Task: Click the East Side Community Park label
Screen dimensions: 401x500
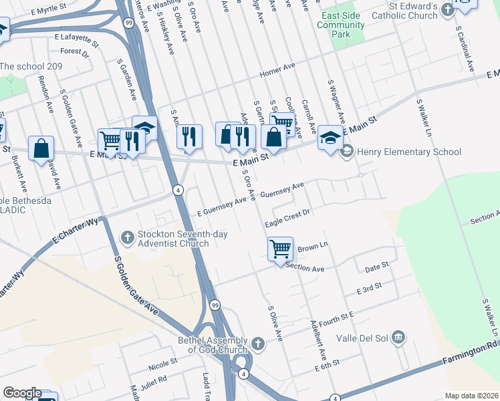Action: pos(341,25)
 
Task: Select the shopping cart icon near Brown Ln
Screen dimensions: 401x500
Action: pos(281,249)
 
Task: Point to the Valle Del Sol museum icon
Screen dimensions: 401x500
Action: pos(399,336)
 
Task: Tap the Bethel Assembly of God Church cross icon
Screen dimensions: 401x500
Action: pos(259,344)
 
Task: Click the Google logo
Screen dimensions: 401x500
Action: pos(22,393)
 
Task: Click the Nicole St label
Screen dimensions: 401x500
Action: pos(163,362)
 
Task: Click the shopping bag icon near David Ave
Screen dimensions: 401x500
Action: pos(41,149)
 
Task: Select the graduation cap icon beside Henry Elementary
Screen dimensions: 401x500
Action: pos(330,138)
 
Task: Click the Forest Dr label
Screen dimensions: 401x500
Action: pos(74,52)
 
